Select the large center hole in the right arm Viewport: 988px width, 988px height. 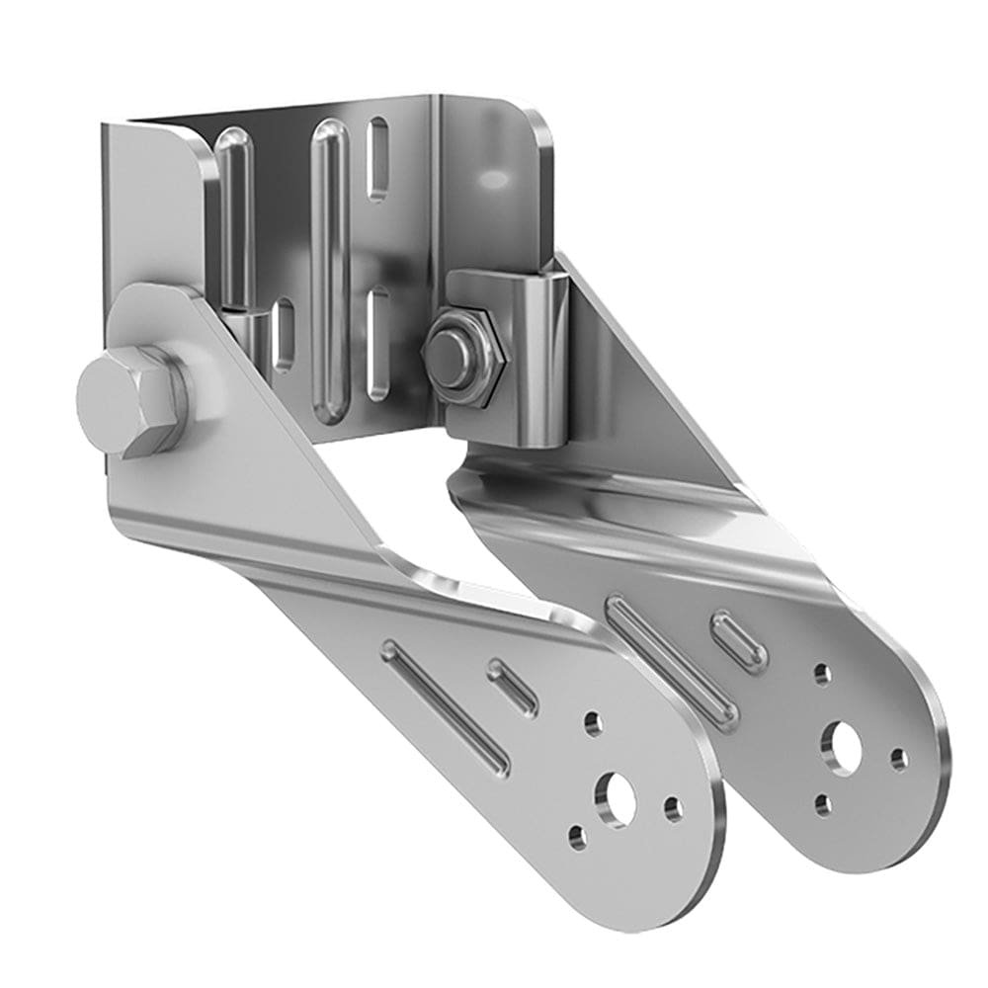845,747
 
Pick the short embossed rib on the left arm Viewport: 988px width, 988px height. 513,686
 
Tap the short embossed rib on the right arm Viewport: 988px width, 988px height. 740,640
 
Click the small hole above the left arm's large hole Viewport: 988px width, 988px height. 593,724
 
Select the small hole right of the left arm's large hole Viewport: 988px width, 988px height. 673,810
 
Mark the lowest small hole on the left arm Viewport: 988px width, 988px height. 577,839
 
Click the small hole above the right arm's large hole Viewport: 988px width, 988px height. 822,675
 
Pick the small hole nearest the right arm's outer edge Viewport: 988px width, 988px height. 898,759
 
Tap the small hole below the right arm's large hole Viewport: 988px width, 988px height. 822,805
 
